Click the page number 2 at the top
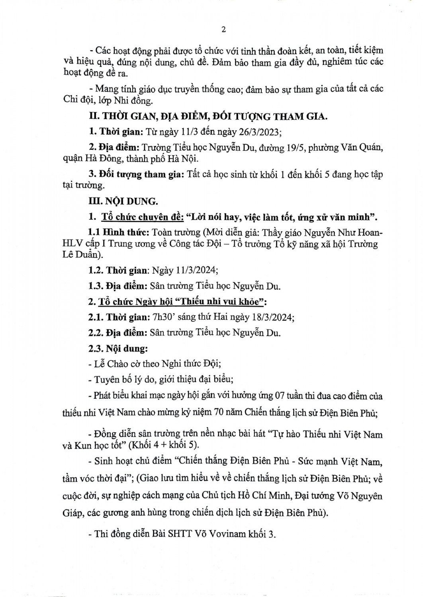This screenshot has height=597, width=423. tap(223, 30)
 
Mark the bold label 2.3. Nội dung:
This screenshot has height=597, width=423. tap(118, 349)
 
